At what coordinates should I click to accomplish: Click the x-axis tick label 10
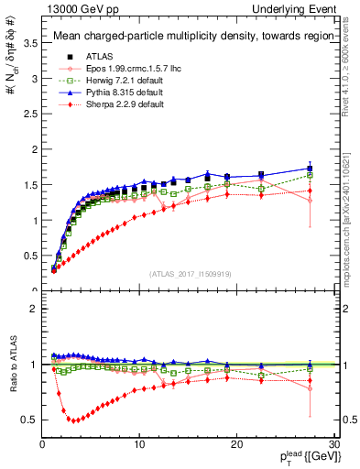pos(139,445)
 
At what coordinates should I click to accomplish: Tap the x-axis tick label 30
pos(333,445)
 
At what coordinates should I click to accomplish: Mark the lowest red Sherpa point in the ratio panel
pos(73,420)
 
